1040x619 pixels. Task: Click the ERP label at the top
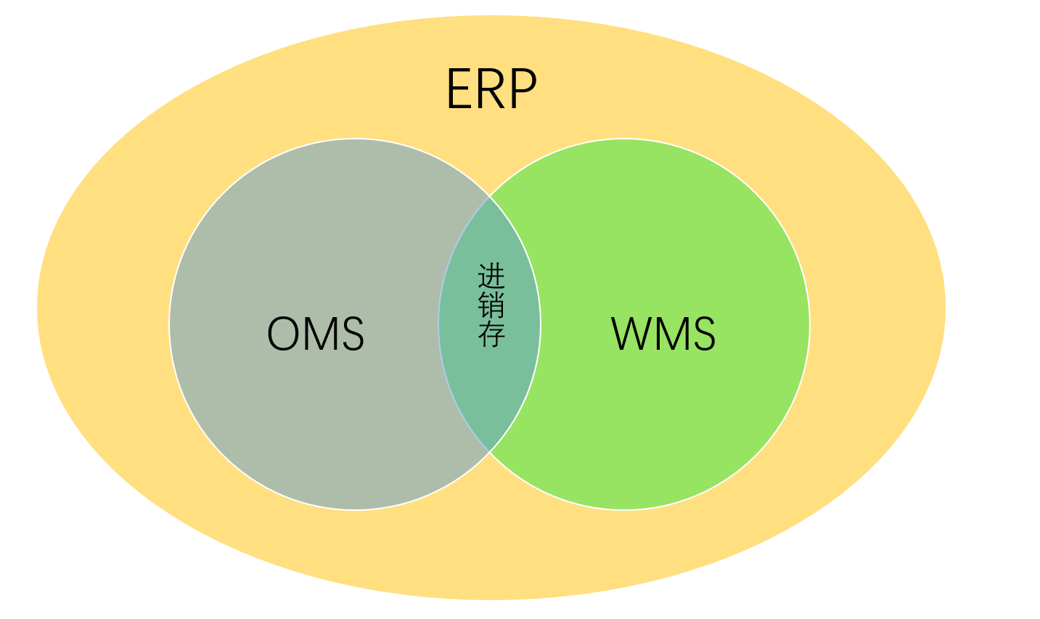[491, 89]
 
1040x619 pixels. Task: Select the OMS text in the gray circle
[316, 334]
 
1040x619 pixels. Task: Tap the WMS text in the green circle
[663, 334]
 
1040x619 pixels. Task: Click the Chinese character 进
[491, 276]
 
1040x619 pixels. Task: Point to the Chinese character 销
[491, 305]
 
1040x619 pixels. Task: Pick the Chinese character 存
[491, 333]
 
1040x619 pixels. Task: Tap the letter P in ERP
[523, 89]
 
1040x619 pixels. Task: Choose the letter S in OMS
[351, 334]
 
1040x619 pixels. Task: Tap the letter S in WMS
[703, 334]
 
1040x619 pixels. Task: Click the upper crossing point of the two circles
[490, 196]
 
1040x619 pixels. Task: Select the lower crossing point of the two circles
[490, 452]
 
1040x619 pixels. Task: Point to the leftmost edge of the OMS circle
[170, 324]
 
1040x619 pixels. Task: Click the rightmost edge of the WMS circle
[809, 324]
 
